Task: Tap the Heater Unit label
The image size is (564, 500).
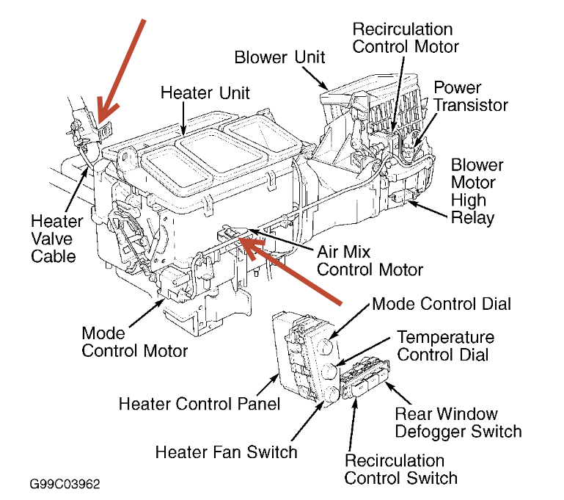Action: click(205, 93)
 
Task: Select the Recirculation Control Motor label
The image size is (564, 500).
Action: click(406, 37)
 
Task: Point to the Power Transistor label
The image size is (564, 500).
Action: click(470, 95)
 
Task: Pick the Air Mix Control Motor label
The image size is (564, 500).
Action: click(370, 260)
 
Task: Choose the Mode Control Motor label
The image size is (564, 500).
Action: click(134, 341)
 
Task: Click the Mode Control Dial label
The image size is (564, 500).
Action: click(442, 303)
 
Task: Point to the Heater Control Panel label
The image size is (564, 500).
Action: click(199, 404)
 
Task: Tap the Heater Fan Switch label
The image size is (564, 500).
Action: click(227, 451)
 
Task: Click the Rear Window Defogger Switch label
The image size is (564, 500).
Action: click(458, 422)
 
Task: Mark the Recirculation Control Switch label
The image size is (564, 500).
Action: click(401, 469)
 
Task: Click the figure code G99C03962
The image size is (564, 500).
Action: click(65, 485)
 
